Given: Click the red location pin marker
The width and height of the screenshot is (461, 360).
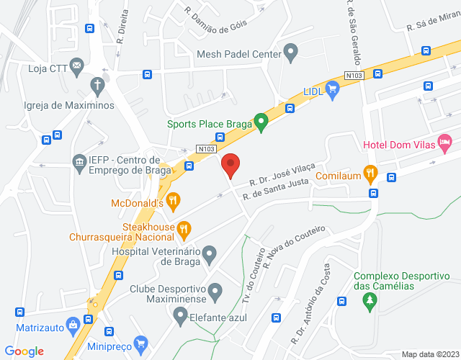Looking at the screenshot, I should (230, 165).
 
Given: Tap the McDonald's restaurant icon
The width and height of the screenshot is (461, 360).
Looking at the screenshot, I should (172, 199).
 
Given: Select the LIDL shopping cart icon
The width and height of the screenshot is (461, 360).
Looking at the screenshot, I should (332, 89).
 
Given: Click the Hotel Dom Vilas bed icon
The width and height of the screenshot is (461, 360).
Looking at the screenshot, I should (445, 142).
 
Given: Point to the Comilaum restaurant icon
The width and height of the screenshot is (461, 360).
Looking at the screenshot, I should (371, 172).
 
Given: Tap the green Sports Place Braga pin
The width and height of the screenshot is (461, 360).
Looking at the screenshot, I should (263, 122).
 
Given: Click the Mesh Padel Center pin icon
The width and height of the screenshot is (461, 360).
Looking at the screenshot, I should (290, 52).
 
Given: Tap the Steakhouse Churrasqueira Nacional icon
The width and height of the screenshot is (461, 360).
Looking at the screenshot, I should (184, 230).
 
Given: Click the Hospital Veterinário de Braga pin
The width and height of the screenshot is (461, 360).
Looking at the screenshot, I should (209, 253).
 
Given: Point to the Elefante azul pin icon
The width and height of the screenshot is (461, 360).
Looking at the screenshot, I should (180, 314).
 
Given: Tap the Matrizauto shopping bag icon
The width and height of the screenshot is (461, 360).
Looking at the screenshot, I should (72, 325).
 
